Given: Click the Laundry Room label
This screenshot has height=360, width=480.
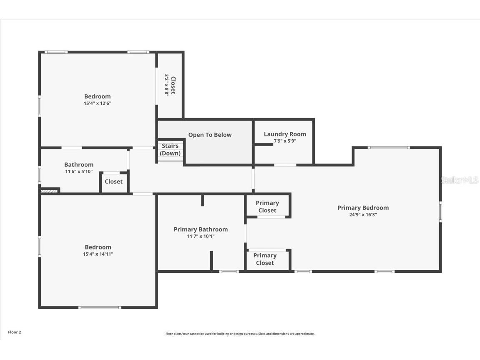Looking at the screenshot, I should [285, 134].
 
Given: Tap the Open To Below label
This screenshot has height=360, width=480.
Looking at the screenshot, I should [210, 135].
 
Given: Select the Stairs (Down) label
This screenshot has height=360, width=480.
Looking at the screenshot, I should [170, 149].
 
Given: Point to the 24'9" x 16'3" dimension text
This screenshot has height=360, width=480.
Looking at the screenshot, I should [363, 215].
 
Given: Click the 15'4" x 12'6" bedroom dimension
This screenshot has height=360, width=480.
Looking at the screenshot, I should [97, 103].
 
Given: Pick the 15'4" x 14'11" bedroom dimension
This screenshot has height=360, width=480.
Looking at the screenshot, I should [98, 254].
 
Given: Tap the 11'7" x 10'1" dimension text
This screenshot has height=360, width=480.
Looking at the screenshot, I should [201, 236].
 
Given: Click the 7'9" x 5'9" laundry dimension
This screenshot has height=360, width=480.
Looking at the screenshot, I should [285, 141].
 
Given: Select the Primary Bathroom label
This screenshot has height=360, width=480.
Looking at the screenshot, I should [201, 229].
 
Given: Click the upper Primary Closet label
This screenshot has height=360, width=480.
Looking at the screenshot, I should [267, 206].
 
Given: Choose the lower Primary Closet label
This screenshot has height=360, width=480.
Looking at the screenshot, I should [265, 259].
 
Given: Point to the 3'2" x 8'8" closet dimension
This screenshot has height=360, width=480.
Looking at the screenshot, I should [166, 86].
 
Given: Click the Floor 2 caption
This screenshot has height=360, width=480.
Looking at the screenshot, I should [15, 332].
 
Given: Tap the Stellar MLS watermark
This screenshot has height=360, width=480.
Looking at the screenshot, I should [459, 180].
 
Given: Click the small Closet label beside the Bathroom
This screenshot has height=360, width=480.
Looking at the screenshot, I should [113, 181].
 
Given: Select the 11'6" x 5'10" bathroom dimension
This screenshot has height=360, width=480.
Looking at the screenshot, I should [78, 171].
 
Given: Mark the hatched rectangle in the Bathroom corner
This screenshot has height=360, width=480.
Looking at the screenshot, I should [49, 191].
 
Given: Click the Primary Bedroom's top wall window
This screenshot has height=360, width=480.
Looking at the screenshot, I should [389, 147].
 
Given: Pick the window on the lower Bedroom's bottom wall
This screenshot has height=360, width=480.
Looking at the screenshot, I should [100, 307].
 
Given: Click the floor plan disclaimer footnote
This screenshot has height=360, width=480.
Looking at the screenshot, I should [240, 334].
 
